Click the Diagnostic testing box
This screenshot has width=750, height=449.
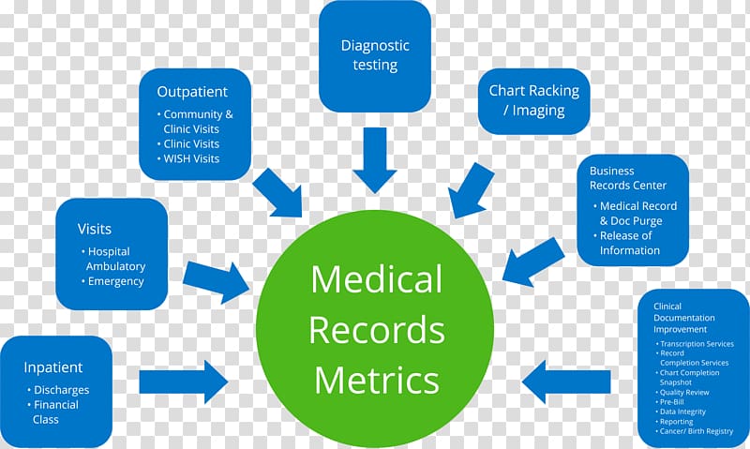pyautogui.click(x=374, y=55)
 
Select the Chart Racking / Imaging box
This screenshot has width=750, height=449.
pyautogui.click(x=533, y=100)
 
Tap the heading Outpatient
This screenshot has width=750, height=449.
pyautogui.click(x=191, y=92)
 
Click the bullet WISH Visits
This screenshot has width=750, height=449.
pyautogui.click(x=191, y=158)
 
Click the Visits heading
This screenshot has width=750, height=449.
pyautogui.click(x=95, y=229)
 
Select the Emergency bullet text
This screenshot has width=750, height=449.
pyautogui.click(x=115, y=281)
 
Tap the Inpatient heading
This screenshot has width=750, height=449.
pyautogui.click(x=53, y=367)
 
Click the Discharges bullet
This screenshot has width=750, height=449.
pyautogui.click(x=60, y=390)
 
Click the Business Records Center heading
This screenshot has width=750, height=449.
pyautogui.click(x=625, y=178)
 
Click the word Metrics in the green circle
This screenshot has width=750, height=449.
pyautogui.click(x=376, y=380)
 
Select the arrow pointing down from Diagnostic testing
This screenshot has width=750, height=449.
pyautogui.click(x=375, y=159)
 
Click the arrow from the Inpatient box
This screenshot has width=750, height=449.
pyautogui.click(x=183, y=382)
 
